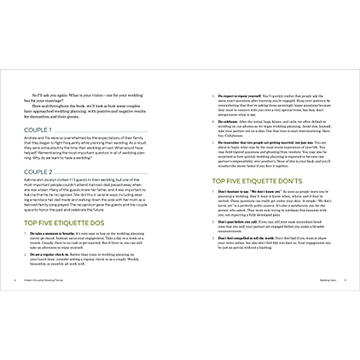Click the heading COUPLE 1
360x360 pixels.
(x=38, y=130)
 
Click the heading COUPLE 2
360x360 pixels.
(x=38, y=172)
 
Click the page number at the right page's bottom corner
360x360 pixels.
(x=345, y=280)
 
